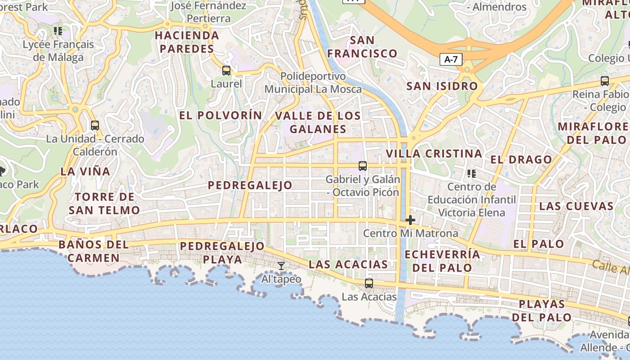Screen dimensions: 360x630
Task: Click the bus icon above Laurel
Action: [226, 71]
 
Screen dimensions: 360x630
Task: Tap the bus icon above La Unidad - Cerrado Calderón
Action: [95, 126]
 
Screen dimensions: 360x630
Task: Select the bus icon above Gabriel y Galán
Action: [363, 166]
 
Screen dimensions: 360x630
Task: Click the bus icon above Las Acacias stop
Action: [369, 283]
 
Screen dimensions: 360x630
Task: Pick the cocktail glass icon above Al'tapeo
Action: [281, 266]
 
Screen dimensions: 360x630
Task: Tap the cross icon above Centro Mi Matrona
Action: [410, 220]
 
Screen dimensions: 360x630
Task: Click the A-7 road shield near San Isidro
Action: [451, 59]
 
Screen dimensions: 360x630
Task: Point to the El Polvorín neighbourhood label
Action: [220, 115]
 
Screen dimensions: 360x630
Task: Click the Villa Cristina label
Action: [434, 153]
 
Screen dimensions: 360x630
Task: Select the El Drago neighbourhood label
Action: [521, 160]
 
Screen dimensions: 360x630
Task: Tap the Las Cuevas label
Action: [576, 206]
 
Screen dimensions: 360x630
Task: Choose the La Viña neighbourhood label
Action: [85, 171]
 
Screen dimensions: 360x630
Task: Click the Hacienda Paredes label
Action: [187, 42]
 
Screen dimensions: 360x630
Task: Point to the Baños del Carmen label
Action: [94, 252]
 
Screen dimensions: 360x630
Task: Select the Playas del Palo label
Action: [542, 310]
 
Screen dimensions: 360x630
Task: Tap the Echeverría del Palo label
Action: [442, 261]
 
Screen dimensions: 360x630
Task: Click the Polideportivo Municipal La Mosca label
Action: [313, 83]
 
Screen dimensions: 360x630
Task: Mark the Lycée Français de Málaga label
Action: [58, 51]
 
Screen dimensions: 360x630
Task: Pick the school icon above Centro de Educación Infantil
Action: [472, 173]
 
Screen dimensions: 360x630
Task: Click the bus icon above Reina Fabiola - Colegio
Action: [605, 81]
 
